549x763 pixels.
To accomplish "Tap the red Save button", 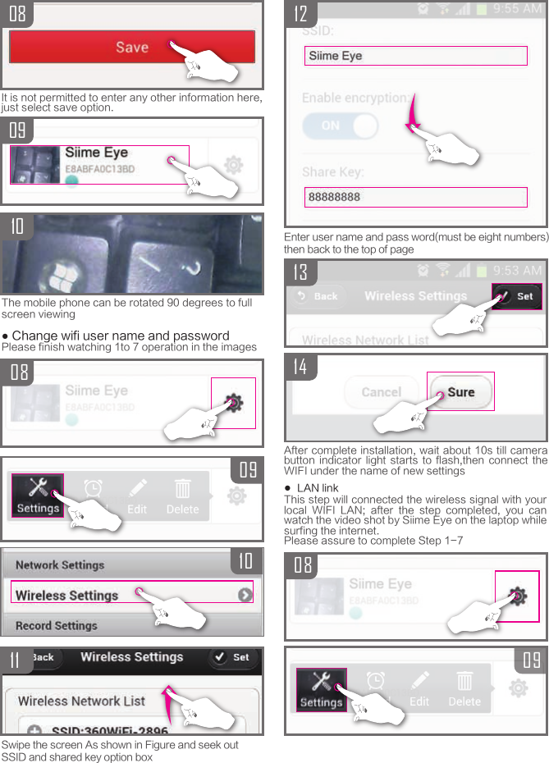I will pyautogui.click(x=132, y=47).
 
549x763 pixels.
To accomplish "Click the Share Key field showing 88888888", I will pyautogui.click(x=416, y=197).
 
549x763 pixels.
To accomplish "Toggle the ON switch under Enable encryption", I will pyautogui.click(x=340, y=126).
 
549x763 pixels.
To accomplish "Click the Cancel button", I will pyautogui.click(x=381, y=392).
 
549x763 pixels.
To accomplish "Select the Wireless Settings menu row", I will pyautogui.click(x=131, y=595).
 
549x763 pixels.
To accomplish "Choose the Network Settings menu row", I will pyautogui.click(x=60, y=565).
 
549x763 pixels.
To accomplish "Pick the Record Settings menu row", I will pyautogui.click(x=56, y=625).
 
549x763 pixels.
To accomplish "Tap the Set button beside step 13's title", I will pyautogui.click(x=517, y=296).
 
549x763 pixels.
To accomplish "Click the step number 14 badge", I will pyautogui.click(x=300, y=367).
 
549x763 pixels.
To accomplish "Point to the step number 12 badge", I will pyautogui.click(x=301, y=14).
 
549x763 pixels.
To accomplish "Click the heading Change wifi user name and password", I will pyautogui.click(x=120, y=336).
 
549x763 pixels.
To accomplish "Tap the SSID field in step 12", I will pyautogui.click(x=416, y=56).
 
